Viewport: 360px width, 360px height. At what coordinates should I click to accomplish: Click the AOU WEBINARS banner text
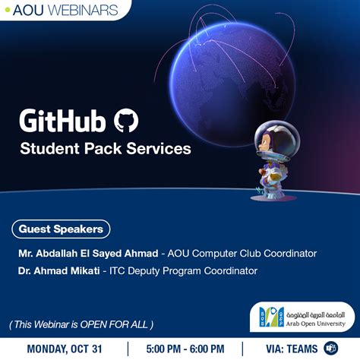point(60,10)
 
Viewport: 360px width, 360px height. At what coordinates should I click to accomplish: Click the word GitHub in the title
point(63,121)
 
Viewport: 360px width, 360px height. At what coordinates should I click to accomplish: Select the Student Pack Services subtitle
point(106,149)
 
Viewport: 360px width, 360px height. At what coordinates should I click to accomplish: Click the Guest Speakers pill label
point(62,229)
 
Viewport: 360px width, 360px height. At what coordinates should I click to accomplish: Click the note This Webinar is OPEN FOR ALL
point(82,324)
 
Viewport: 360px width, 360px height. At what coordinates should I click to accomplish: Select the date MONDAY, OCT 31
point(64,349)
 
